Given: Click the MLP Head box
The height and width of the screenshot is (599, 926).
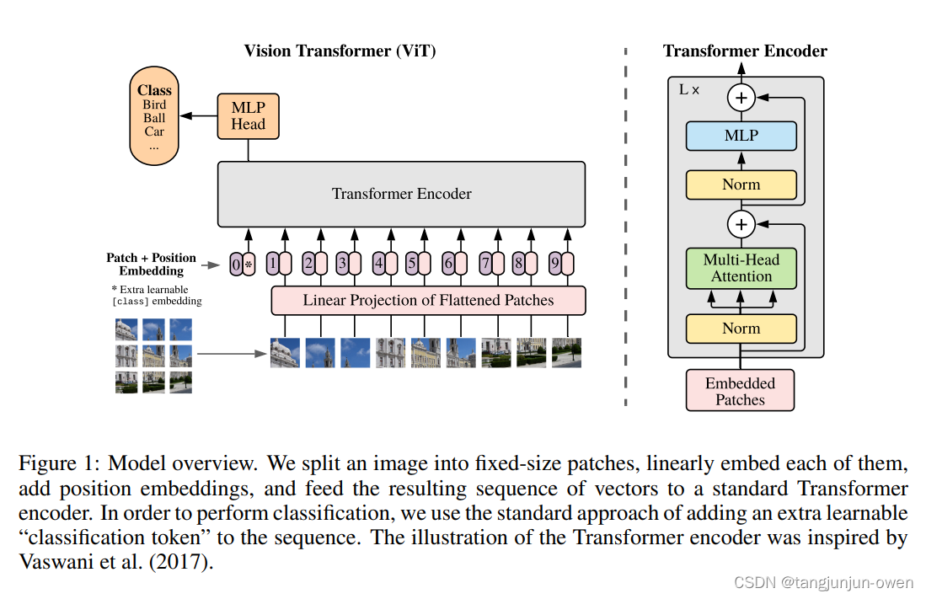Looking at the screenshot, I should [248, 116].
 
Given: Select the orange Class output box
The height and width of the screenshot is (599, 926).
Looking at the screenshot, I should [154, 117].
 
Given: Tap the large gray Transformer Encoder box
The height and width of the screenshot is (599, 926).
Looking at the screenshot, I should [401, 194].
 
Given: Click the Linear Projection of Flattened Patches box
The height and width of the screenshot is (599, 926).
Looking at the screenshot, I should [428, 300].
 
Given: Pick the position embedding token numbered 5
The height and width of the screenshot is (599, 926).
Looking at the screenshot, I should [412, 264].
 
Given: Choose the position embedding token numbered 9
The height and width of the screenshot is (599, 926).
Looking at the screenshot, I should [555, 264].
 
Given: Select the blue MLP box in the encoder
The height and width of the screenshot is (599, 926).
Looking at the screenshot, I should [741, 136].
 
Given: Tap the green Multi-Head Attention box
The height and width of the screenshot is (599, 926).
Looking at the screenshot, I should [741, 268].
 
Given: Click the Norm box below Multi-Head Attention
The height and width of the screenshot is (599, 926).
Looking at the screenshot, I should [741, 329].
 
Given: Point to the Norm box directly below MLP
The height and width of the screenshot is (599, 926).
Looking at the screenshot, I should [741, 185].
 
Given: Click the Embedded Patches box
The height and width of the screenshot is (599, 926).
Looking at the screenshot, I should [740, 391].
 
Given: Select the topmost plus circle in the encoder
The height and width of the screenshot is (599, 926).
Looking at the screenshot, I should [741, 98].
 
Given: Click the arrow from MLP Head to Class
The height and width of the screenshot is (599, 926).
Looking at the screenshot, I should [199, 116].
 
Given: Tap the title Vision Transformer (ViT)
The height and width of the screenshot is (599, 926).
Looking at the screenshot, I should [340, 51].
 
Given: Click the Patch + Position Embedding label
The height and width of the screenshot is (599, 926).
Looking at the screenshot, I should [151, 265].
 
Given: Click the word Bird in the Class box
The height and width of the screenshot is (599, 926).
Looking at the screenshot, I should [154, 105].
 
